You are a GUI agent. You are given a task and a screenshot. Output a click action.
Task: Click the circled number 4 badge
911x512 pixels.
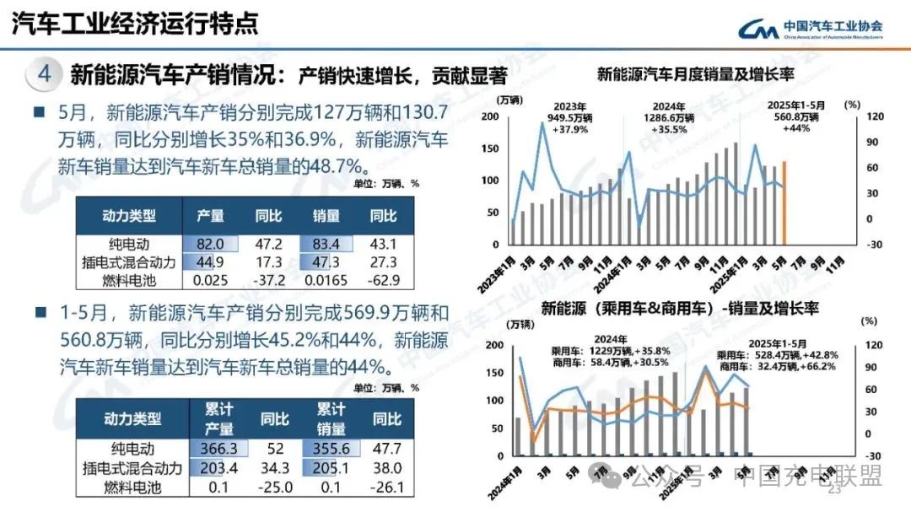click(44, 74)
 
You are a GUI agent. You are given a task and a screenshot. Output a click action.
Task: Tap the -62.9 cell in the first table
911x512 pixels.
click(384, 279)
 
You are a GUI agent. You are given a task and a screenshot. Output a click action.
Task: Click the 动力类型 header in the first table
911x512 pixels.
click(130, 216)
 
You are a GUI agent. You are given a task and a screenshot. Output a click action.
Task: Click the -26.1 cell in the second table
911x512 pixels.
click(387, 487)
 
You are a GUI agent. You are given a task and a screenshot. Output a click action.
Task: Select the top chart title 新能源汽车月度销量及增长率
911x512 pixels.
click(695, 74)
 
